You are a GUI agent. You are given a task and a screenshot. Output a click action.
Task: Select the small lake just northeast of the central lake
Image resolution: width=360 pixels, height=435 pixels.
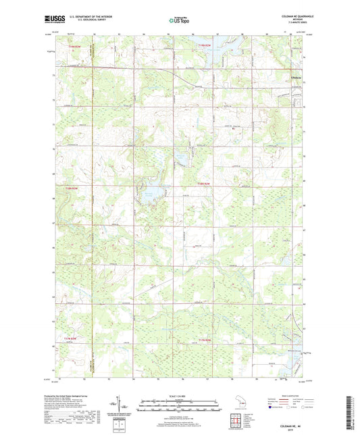click(182, 159)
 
